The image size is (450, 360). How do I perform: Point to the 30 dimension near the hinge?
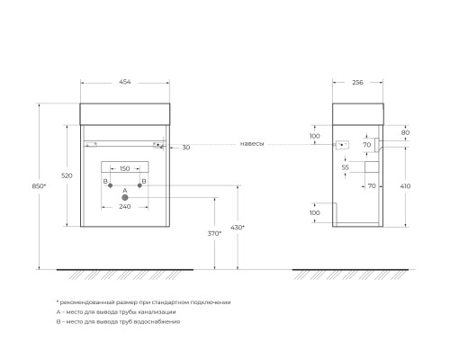185,147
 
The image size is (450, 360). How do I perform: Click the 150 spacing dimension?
124,168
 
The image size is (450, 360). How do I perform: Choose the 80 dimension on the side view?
406,131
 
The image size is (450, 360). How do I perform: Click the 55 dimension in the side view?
345,167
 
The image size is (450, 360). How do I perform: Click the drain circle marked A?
125,197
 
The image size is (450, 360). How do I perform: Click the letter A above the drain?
125,190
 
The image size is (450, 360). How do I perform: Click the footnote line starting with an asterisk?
143,301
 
